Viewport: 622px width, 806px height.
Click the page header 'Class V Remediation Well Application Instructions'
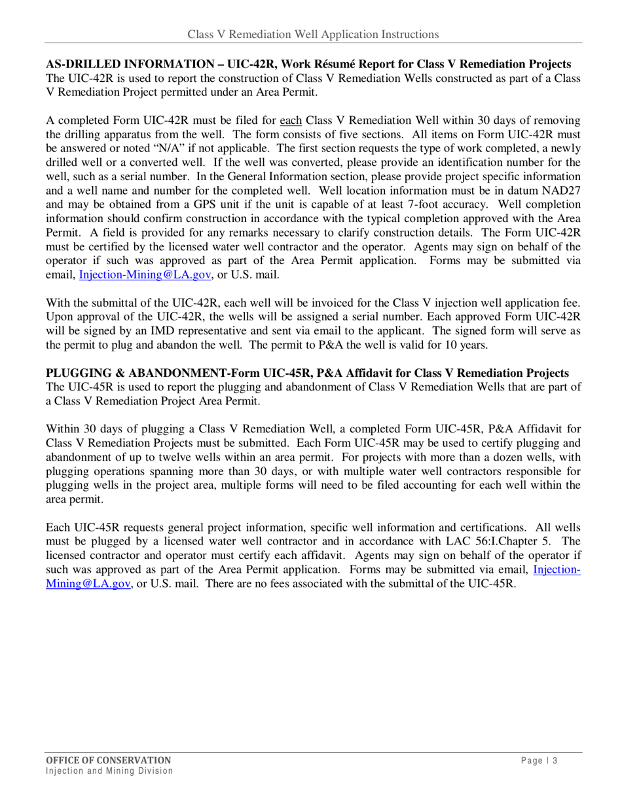[x=312, y=34]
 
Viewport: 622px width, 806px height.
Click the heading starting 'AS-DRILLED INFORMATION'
[x=308, y=64]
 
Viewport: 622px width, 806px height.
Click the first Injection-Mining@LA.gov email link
[x=145, y=275]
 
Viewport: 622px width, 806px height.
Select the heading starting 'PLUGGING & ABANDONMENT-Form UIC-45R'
[x=307, y=374]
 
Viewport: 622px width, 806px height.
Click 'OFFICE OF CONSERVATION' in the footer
[x=108, y=760]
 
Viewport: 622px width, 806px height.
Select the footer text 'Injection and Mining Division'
[x=109, y=771]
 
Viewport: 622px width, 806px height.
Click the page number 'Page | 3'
[x=540, y=761]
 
